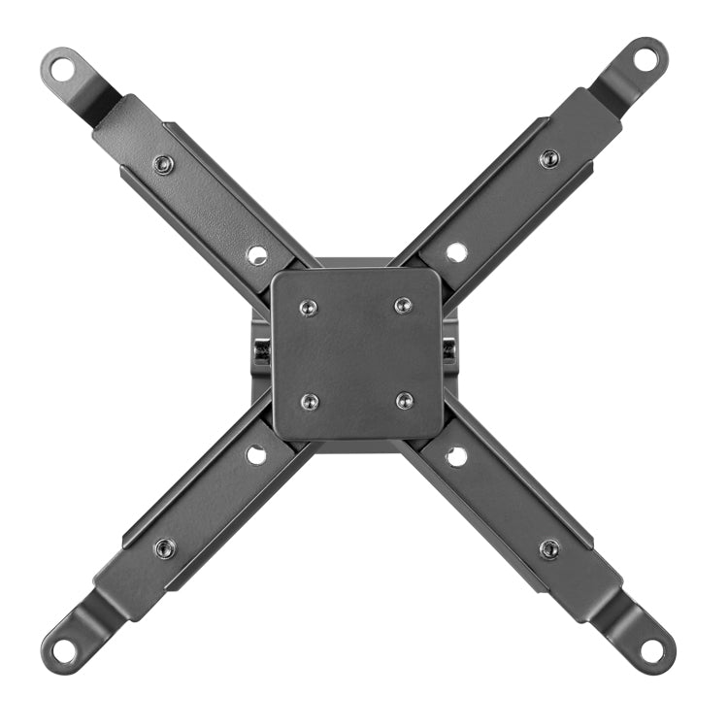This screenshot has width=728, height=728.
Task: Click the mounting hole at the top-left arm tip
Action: (x=62, y=68)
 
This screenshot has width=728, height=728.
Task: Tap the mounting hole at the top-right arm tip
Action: (x=646, y=55)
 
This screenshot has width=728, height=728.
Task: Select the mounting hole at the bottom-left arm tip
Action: (x=63, y=648)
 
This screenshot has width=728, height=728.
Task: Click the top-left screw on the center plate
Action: (x=309, y=307)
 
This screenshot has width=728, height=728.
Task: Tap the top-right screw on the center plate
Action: (x=403, y=306)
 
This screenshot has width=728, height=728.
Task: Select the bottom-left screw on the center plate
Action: (x=310, y=400)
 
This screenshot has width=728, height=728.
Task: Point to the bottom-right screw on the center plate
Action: (x=404, y=400)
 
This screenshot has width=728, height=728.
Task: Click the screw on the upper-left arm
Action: (x=164, y=163)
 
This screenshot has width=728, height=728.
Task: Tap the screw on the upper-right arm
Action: (x=549, y=158)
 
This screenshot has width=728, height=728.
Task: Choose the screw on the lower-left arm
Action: (x=165, y=548)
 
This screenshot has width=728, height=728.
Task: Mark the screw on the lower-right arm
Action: (x=549, y=548)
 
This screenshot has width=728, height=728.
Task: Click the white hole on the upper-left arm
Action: (x=257, y=254)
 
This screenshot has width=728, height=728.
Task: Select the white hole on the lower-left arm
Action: (x=256, y=454)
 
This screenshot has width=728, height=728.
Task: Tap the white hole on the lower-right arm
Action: (x=455, y=454)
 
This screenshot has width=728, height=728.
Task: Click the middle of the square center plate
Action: (x=357, y=353)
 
